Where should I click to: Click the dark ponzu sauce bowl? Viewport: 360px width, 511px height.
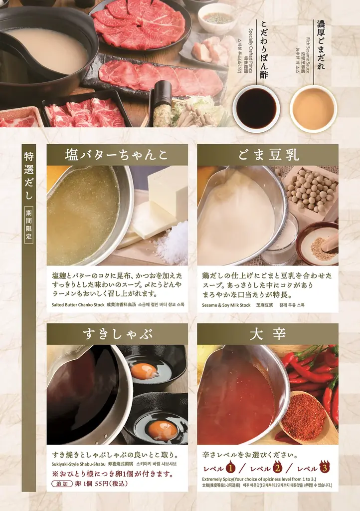(256, 108)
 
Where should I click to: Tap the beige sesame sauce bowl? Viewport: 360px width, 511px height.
(313, 108)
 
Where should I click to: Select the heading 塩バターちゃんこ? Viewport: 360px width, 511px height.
(117, 155)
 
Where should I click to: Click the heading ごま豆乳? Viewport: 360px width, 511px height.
(268, 155)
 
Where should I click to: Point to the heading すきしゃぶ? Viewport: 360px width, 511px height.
(117, 334)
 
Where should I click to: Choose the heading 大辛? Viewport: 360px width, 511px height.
(268, 334)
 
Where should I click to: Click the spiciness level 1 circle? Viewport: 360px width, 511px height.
(230, 468)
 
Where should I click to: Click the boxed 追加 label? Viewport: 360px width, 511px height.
(61, 484)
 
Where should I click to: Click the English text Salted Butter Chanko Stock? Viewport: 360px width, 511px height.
(77, 305)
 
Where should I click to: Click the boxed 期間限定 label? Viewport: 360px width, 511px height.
(29, 226)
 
